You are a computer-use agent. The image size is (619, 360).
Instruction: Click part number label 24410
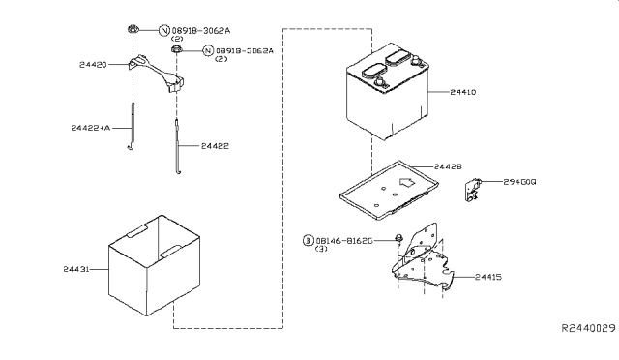point(463,92)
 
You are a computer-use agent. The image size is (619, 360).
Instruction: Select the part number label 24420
point(93,65)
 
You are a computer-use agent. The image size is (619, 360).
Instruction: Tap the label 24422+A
point(91,128)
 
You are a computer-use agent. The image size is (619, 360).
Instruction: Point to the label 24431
point(76,269)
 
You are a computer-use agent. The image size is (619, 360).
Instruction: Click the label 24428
point(448,166)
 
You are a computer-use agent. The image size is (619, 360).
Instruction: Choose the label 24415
point(488,277)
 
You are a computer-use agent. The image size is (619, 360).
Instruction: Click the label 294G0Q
point(519,182)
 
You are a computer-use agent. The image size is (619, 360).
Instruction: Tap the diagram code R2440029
point(589,328)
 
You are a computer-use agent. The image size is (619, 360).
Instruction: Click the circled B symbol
point(309,240)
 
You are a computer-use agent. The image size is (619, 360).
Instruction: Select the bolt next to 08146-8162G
point(398,239)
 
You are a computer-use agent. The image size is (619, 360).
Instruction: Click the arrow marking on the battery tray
point(406,182)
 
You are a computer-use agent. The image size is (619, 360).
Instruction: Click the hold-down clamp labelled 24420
point(156,74)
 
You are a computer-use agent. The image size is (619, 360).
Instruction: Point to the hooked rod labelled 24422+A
point(132,126)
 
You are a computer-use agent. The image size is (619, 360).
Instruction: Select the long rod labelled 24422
point(178,146)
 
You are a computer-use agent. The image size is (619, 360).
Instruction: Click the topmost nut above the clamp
point(133,29)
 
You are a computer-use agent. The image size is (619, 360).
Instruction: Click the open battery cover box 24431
point(155,265)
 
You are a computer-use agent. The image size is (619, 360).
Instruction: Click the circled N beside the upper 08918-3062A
point(164,30)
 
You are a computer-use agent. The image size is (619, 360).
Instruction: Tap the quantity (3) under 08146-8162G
point(321,249)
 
